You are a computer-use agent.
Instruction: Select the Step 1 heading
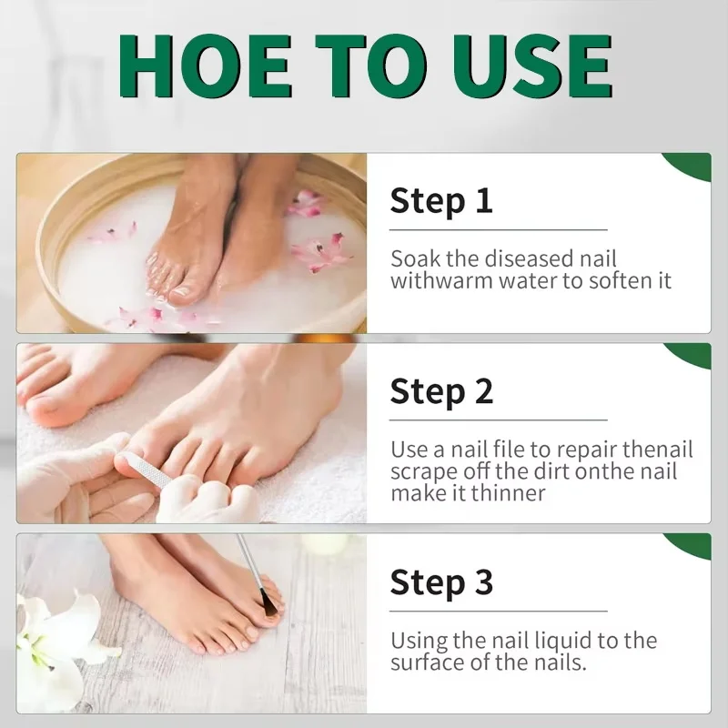tap(441, 201)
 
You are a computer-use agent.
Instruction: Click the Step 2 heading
tap(441, 392)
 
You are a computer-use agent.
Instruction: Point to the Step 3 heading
tap(441, 582)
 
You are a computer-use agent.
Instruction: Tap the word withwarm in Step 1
tap(441, 281)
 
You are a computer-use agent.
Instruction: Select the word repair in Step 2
tap(586, 450)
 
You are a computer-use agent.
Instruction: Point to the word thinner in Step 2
tap(508, 493)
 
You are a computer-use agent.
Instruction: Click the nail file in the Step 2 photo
tap(148, 471)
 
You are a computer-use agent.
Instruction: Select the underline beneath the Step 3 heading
tap(498, 611)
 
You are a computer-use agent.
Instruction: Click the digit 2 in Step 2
tap(484, 392)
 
